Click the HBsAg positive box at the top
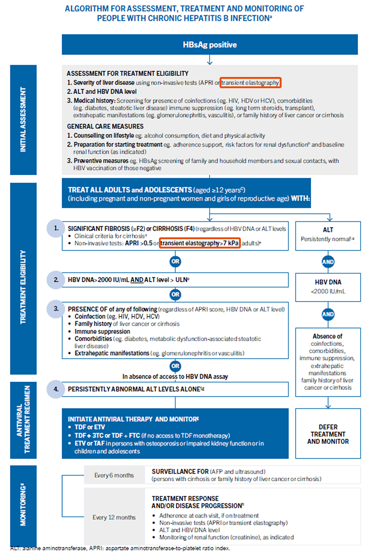209,45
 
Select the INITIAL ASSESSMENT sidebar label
23,120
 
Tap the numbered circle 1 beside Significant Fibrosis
56,228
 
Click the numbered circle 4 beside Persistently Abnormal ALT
56,389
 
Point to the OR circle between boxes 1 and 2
175,261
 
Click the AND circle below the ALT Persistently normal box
328,262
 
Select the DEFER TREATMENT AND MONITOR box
328,434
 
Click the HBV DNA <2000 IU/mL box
328,287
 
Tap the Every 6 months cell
114,475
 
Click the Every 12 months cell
114,517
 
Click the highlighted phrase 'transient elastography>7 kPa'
199,243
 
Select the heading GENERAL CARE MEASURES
105,126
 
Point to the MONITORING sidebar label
23,505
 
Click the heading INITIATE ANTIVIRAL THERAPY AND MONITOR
133,419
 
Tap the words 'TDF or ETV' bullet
90,427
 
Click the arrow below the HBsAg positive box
209,60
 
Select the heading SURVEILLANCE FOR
180,472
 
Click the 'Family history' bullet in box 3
93,324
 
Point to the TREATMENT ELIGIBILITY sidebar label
23,287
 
